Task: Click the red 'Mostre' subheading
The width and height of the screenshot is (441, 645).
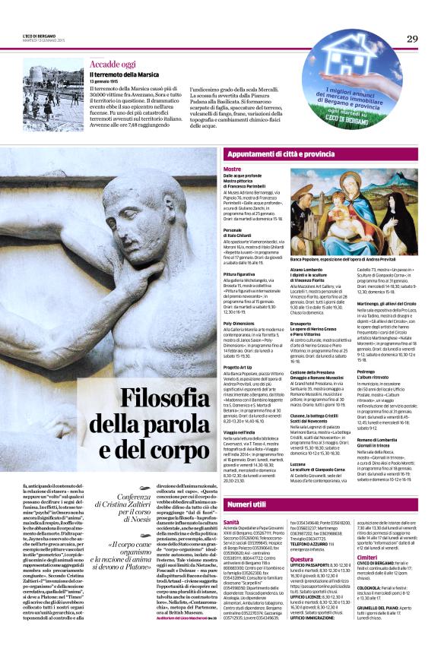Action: pos(232,169)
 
